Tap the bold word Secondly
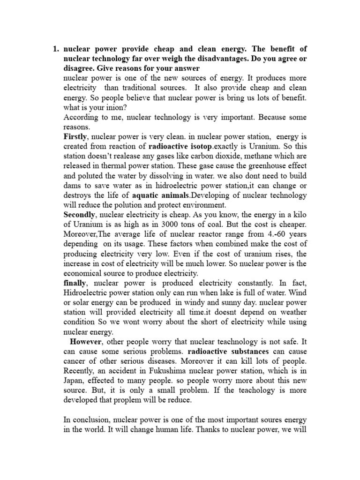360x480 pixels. (80, 214)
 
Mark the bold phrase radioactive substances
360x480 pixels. (223, 351)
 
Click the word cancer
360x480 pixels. (75, 361)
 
